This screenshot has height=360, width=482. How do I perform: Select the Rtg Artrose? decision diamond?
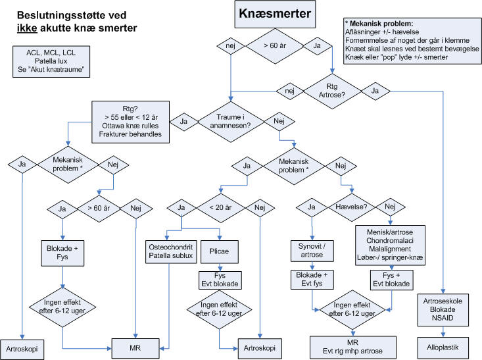[x=331, y=90]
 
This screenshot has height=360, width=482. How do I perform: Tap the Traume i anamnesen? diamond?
[x=230, y=120]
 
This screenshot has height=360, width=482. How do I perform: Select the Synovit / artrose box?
[x=312, y=251]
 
